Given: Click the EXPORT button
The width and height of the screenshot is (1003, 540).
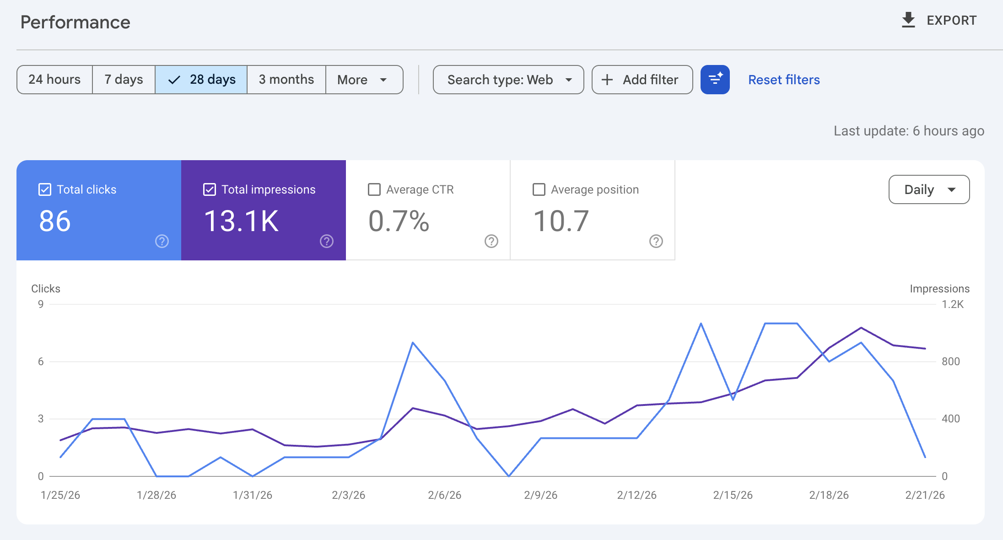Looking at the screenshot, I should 939,21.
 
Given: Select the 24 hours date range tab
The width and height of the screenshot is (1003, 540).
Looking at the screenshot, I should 54,80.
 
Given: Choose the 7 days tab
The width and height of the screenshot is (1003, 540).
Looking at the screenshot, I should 124,80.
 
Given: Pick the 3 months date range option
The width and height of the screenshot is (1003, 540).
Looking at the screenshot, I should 286,80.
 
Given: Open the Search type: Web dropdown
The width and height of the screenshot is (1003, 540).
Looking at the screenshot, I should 508,80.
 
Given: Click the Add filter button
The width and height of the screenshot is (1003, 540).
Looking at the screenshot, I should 642,80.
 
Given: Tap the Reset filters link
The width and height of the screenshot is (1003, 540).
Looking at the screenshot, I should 784,80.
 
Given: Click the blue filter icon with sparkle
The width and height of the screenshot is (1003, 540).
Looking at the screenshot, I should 715,80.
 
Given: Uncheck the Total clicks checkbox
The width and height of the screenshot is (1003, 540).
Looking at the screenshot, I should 45,189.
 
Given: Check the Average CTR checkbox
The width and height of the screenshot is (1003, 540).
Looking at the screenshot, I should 374,189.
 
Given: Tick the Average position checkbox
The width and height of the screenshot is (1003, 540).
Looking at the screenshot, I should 539,189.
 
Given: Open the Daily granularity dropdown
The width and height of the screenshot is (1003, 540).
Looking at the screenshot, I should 929,189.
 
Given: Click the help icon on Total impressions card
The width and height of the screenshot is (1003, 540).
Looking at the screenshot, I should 327,241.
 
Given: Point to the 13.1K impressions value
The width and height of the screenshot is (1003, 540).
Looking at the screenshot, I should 241,221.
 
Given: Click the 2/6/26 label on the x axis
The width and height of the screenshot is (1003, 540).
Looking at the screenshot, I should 444,495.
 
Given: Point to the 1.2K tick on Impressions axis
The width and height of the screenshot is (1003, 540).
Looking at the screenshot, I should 953,304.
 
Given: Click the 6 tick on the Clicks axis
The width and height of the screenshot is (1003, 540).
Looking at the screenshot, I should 41,362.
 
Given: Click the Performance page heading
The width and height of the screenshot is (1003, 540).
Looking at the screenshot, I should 75,22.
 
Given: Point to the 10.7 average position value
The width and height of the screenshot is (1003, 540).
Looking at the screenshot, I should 561,221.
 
